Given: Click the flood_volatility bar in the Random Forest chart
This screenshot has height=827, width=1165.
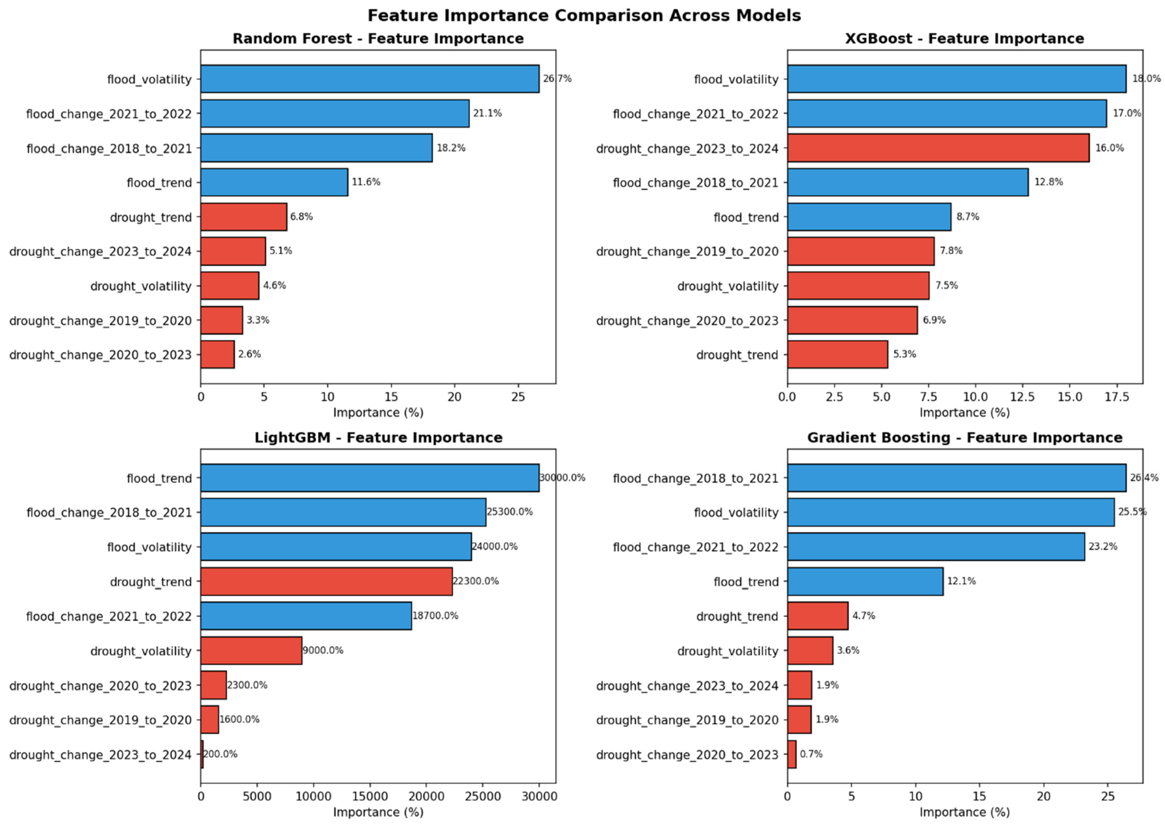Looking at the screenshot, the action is tap(370, 79).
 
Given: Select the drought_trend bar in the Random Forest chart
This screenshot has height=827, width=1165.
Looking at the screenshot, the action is tap(244, 217).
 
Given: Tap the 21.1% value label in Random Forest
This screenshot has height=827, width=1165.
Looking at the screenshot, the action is tap(488, 113).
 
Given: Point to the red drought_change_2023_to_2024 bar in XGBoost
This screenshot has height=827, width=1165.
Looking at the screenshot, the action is tap(938, 148).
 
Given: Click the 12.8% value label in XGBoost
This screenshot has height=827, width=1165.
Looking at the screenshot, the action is tap(1048, 182).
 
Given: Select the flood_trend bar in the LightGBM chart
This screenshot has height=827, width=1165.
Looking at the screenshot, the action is tap(370, 478).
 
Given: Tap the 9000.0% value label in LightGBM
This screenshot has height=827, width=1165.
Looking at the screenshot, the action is tap(323, 650).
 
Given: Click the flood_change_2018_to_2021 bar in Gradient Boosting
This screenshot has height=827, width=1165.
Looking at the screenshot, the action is tap(957, 478).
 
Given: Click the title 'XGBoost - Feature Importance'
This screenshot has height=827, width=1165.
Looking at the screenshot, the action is tap(964, 39).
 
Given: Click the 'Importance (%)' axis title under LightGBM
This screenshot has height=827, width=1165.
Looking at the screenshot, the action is tap(378, 812).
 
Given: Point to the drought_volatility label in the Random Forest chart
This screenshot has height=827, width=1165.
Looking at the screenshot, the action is tap(141, 286).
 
